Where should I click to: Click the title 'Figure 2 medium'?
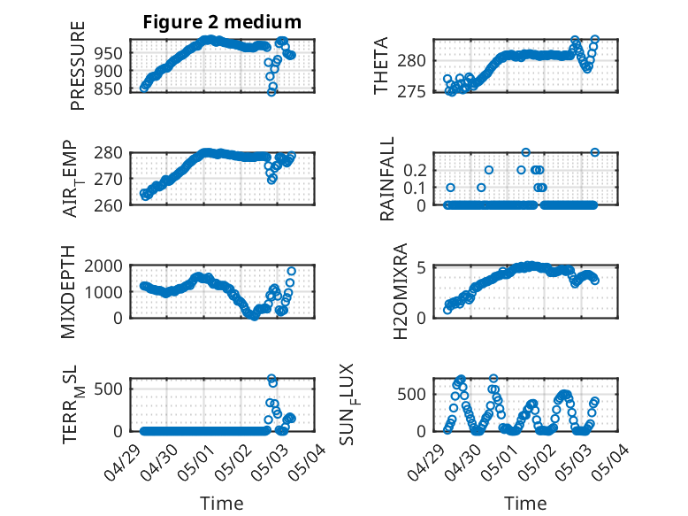tap(222, 22)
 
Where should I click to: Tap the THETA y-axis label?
tap(381, 65)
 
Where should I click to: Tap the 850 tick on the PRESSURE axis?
tap(110, 89)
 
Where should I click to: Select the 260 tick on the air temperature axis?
tap(110, 205)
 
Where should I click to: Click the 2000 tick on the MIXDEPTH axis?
tap(105, 266)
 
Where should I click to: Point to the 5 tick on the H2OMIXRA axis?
tap(423, 267)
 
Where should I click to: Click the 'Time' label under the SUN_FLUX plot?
tap(525, 503)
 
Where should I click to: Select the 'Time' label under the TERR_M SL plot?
tap(222, 503)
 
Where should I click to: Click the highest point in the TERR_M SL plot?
tap(272, 379)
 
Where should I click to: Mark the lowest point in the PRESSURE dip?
tap(272, 92)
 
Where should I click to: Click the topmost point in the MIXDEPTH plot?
tap(291, 271)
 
